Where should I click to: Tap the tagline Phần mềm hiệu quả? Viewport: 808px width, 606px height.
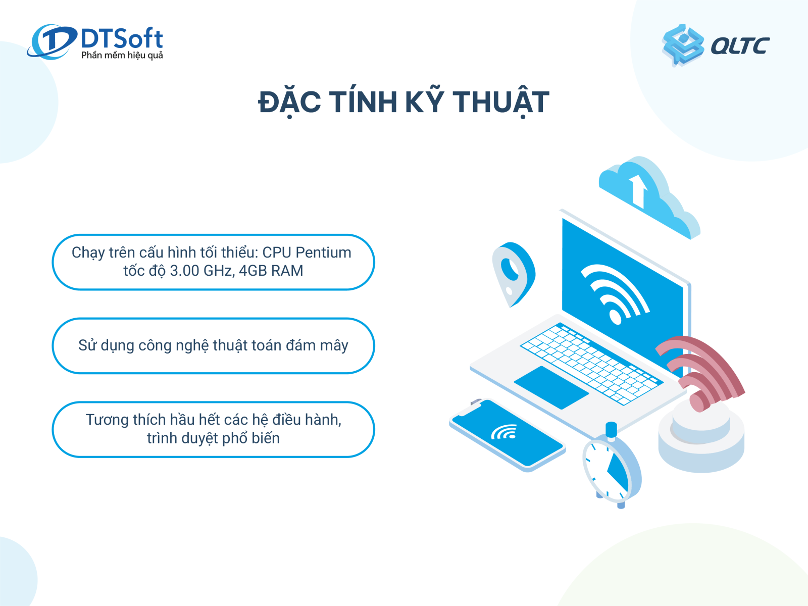(x=122, y=55)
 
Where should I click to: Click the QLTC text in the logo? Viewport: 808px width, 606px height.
(x=740, y=46)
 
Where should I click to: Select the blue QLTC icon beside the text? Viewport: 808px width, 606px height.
(x=683, y=44)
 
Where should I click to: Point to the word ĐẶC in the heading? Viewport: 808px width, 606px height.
(x=289, y=102)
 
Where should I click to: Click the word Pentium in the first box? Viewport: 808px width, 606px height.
(x=323, y=252)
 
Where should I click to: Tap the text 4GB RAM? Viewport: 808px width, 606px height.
(x=271, y=271)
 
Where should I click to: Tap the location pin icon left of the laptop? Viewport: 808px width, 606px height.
(x=513, y=273)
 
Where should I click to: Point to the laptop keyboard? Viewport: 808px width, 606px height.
(x=591, y=363)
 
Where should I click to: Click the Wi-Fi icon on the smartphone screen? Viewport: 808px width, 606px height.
(x=504, y=432)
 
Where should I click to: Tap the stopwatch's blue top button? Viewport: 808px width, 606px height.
(x=612, y=429)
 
